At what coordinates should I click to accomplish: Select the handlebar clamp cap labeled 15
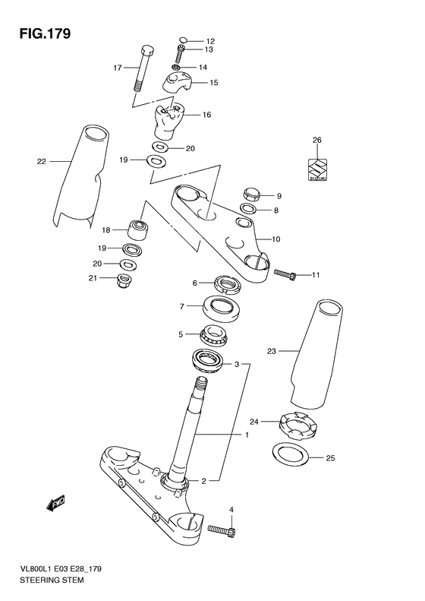point(180,83)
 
